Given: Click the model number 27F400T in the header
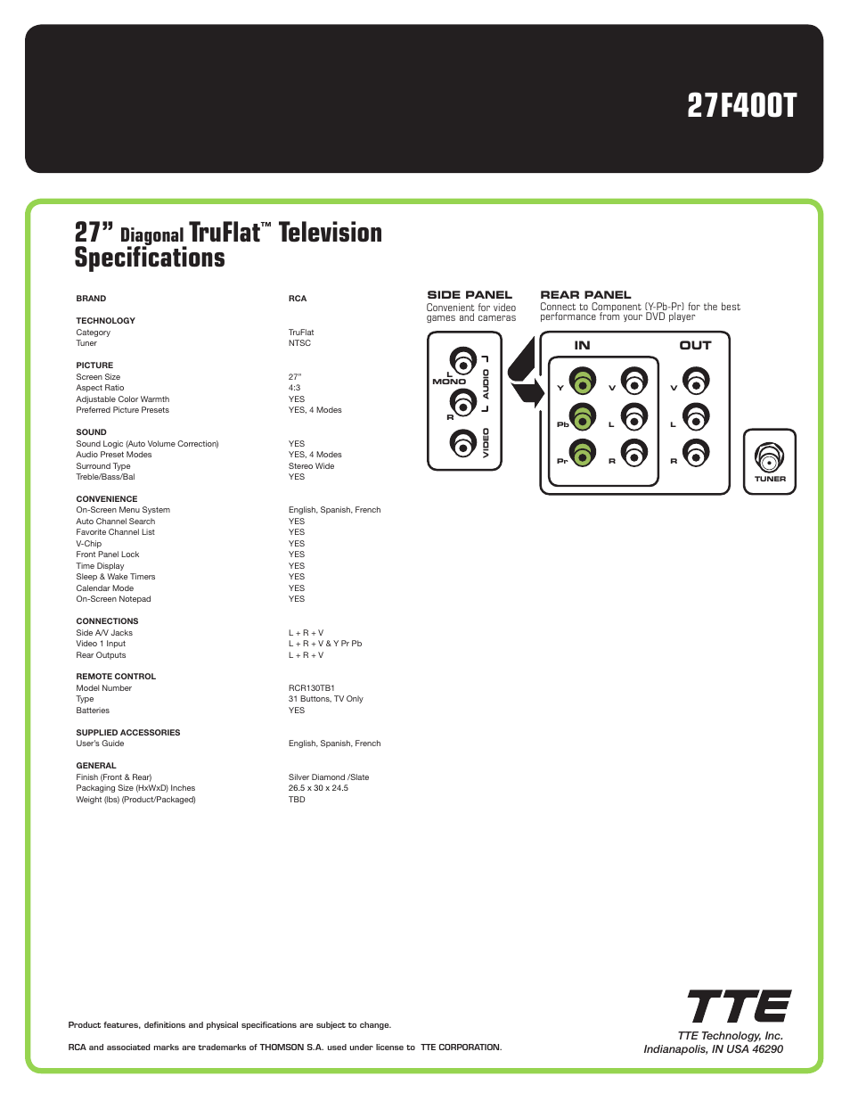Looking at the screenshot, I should click(741, 106).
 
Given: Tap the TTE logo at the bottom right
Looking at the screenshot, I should click(739, 1007).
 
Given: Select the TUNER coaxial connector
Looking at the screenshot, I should click(769, 457).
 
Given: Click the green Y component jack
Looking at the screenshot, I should click(583, 382).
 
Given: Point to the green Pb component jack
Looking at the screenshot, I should click(583, 418).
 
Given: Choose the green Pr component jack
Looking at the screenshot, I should click(583, 454).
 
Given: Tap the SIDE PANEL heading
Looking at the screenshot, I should click(470, 295).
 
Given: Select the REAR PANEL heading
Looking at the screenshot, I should click(585, 295).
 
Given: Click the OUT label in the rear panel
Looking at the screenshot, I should click(695, 346).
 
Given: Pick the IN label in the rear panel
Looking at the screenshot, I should click(582, 346).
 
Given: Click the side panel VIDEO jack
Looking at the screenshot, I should click(462, 442).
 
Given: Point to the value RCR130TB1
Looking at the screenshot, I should click(311, 688).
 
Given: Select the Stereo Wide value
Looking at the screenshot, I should click(311, 466).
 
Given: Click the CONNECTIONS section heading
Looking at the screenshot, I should click(107, 621).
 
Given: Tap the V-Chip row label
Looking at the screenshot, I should click(89, 544).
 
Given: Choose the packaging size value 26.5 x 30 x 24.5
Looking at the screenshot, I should click(318, 788).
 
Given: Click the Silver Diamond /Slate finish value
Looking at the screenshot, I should click(328, 777).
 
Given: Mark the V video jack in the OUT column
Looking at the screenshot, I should click(696, 382).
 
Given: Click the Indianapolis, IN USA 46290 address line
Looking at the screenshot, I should click(713, 1049).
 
